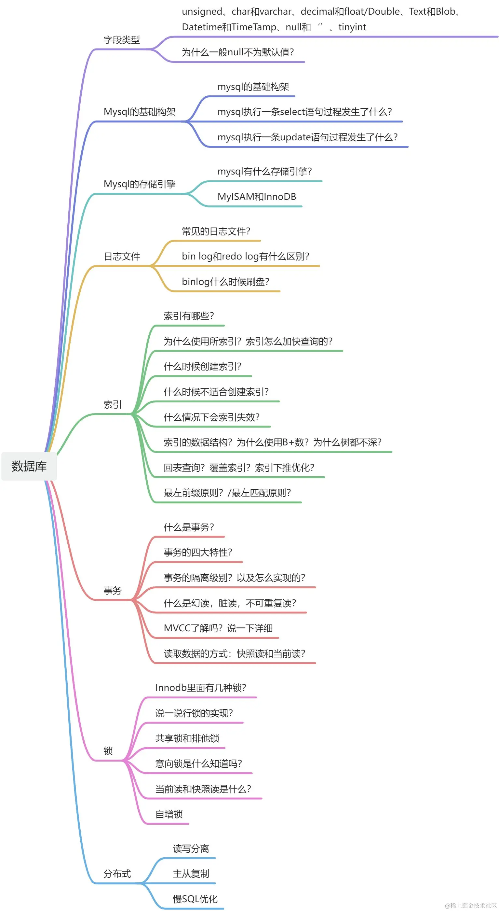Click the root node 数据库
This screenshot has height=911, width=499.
[x=29, y=466]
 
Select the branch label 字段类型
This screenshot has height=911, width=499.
[x=122, y=40]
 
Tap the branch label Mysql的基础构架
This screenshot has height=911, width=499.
[x=140, y=112]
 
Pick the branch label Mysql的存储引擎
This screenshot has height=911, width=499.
[x=140, y=184]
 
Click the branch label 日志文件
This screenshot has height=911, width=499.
[x=122, y=256]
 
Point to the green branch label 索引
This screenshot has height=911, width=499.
[x=112, y=405]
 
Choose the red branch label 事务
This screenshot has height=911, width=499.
[x=112, y=590]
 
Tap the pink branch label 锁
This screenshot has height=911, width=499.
[x=108, y=751]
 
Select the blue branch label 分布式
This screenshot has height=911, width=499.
[x=117, y=874]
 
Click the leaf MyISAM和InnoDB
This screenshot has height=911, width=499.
[x=257, y=197]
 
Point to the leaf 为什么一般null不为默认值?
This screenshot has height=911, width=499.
[x=237, y=52]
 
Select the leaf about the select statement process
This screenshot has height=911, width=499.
[x=304, y=112]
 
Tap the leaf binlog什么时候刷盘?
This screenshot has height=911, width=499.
[x=225, y=282]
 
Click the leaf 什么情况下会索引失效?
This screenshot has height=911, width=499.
[x=211, y=417]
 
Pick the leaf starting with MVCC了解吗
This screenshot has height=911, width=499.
[x=218, y=628]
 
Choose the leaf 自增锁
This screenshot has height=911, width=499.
[x=169, y=814]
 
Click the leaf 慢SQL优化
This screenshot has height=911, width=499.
[x=195, y=899]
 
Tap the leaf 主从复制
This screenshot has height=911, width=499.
[x=191, y=874]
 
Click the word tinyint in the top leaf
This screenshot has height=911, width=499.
[x=352, y=27]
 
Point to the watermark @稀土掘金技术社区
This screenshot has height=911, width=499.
[x=471, y=905]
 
